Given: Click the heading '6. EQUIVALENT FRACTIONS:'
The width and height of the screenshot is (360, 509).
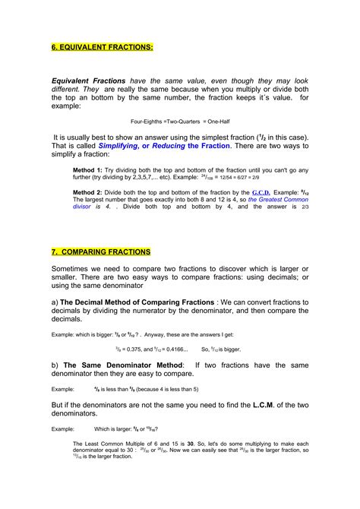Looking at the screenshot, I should click(x=102, y=46).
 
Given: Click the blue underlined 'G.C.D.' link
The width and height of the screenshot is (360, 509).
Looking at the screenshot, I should click(x=263, y=192).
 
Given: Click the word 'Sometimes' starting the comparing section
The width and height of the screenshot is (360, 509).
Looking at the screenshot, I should click(x=77, y=270).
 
